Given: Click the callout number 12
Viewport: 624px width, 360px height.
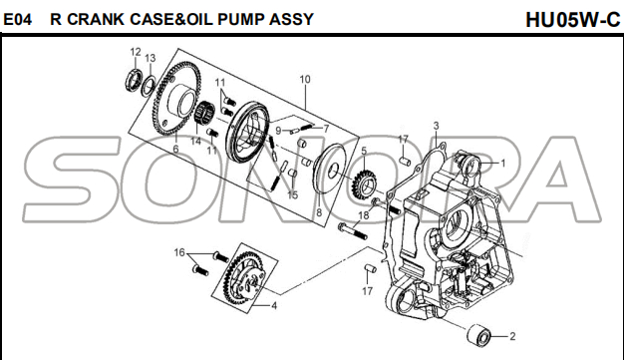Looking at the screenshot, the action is click(x=136, y=52).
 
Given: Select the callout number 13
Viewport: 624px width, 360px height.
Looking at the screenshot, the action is click(x=151, y=58).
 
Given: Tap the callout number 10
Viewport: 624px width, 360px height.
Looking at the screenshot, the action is click(x=305, y=79).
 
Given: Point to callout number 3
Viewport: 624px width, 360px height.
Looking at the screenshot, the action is click(x=436, y=126).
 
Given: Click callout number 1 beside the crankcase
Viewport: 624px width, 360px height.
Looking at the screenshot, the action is click(x=503, y=164).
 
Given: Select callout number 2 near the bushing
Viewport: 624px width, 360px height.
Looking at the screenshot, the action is click(x=512, y=336).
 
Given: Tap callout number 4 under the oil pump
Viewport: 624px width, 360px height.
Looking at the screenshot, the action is click(x=274, y=306).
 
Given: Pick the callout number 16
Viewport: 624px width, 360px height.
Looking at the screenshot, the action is click(x=179, y=252).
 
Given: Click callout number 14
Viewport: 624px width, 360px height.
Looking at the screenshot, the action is click(x=195, y=141).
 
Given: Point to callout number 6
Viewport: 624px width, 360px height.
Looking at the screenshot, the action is click(x=175, y=150).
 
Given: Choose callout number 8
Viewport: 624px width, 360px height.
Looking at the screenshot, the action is click(x=319, y=213).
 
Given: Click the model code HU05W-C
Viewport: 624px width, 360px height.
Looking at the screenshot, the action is click(x=572, y=20).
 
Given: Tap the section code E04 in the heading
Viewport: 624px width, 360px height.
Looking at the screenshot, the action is click(x=18, y=19).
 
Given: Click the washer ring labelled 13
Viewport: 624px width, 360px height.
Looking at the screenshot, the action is click(x=149, y=85).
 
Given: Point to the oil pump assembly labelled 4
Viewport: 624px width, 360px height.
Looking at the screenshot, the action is click(x=243, y=275).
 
